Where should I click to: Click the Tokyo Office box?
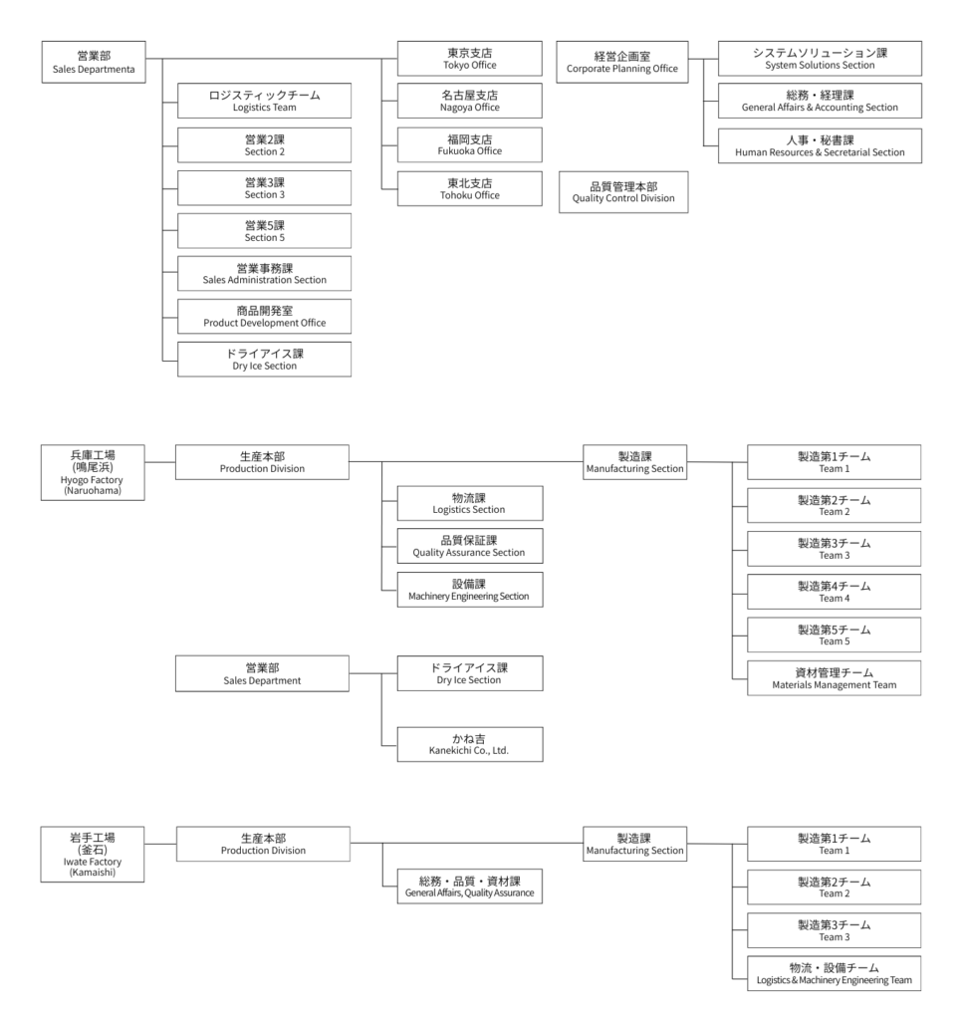(470, 58)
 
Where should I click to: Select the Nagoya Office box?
(470, 101)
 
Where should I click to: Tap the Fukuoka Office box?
(470, 143)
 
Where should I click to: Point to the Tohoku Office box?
(470, 188)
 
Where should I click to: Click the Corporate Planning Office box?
(621, 62)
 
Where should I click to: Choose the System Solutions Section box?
(820, 58)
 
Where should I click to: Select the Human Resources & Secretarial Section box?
(820, 145)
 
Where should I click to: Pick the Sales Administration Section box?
(264, 273)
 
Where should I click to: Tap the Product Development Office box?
(264, 317)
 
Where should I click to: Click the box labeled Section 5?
(264, 230)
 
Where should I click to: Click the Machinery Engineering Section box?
(470, 590)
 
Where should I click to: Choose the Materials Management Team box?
(833, 677)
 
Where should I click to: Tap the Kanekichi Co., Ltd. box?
(470, 743)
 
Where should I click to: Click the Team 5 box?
(833, 635)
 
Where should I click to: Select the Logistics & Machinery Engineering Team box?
(833, 973)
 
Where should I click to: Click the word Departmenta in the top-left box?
(112, 71)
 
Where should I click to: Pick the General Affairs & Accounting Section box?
(820, 101)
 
